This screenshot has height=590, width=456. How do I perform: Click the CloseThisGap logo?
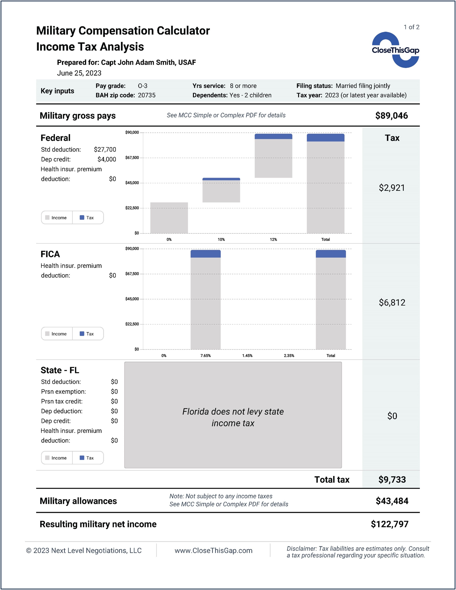(x=395, y=50)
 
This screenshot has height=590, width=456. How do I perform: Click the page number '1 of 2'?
(x=411, y=27)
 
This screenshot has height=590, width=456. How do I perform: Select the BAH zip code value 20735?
(x=147, y=95)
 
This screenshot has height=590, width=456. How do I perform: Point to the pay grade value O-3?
(x=142, y=86)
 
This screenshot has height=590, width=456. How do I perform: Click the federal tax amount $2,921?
(x=392, y=188)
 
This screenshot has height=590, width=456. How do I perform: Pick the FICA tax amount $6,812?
(x=392, y=302)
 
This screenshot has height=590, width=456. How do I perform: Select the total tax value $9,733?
(x=392, y=479)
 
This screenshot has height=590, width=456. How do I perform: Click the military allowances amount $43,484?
(x=392, y=501)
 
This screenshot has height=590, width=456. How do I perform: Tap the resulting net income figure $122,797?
(x=389, y=524)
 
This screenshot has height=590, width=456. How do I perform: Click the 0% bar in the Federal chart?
(x=169, y=218)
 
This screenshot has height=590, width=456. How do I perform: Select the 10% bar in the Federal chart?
(x=221, y=190)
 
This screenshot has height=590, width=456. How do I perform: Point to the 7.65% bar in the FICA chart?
(x=206, y=300)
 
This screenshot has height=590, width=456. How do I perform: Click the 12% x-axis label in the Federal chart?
(x=273, y=240)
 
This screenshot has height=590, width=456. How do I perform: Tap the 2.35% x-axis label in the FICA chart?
(x=289, y=356)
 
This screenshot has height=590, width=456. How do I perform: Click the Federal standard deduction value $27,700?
(x=105, y=150)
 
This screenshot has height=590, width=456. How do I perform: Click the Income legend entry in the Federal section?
(x=56, y=218)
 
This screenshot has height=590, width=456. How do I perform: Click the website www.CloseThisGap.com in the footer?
(x=213, y=550)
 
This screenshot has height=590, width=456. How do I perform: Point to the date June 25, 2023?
(x=79, y=73)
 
